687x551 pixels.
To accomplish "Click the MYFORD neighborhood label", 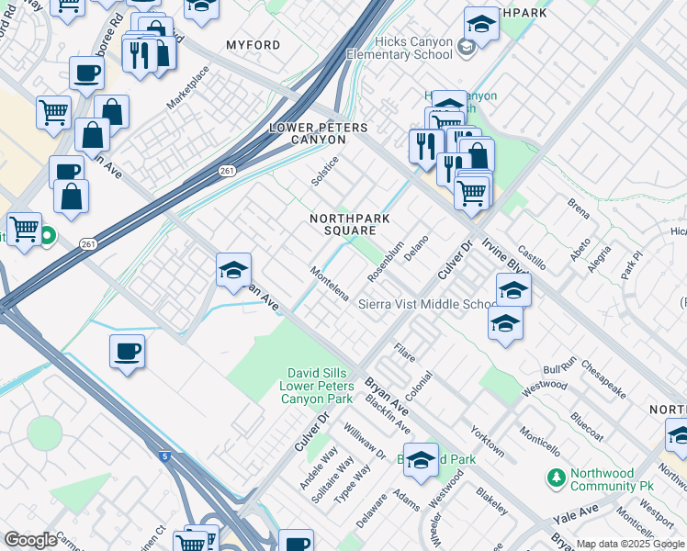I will pyautogui.click(x=253, y=45).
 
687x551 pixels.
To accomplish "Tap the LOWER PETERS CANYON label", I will pyautogui.click(x=307, y=134).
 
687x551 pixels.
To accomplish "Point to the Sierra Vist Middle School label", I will pyautogui.click(x=428, y=304).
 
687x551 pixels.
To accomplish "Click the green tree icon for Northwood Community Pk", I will pyautogui.click(x=555, y=478).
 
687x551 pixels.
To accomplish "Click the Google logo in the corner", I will pyautogui.click(x=30, y=540).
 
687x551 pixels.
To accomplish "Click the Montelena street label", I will pyautogui.click(x=329, y=285).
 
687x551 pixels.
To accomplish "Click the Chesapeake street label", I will pyautogui.click(x=603, y=378).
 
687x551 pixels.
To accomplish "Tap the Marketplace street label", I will pyautogui.click(x=187, y=88).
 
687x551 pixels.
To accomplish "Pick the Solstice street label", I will pyautogui.click(x=325, y=171).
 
